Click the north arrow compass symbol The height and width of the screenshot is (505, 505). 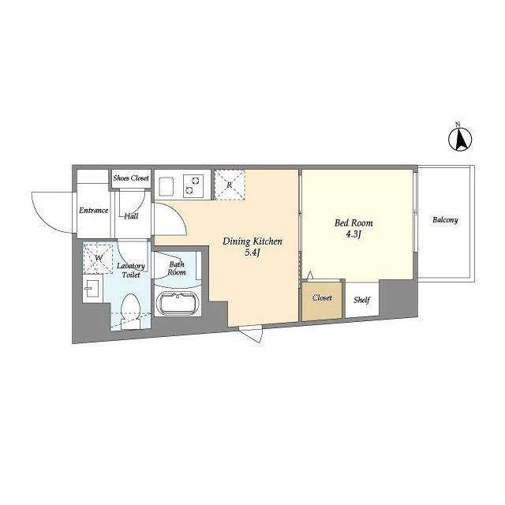[x=460, y=139]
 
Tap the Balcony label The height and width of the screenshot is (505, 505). [x=445, y=220]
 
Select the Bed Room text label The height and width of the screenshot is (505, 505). [x=353, y=223]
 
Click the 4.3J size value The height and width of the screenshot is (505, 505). [x=353, y=234]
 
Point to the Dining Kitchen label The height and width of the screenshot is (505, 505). [x=252, y=241]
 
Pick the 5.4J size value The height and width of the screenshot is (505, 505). [x=252, y=252]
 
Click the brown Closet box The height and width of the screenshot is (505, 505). [x=322, y=301]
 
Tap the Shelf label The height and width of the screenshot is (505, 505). [x=361, y=300]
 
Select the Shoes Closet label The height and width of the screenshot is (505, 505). [x=131, y=178]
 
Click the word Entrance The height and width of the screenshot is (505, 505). [x=93, y=211]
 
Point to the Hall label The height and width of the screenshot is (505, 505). [x=132, y=216]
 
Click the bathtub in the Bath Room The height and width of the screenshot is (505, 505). [x=178, y=303]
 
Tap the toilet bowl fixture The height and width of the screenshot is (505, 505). [x=130, y=311]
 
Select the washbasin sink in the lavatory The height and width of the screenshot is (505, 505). [x=92, y=288]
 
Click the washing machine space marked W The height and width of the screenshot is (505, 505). [x=98, y=258]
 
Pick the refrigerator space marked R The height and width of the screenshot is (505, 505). [x=230, y=185]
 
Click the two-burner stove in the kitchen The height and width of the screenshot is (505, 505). [x=193, y=185]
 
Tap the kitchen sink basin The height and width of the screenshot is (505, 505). [x=166, y=186]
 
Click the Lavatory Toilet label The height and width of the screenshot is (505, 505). [x=131, y=270]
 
